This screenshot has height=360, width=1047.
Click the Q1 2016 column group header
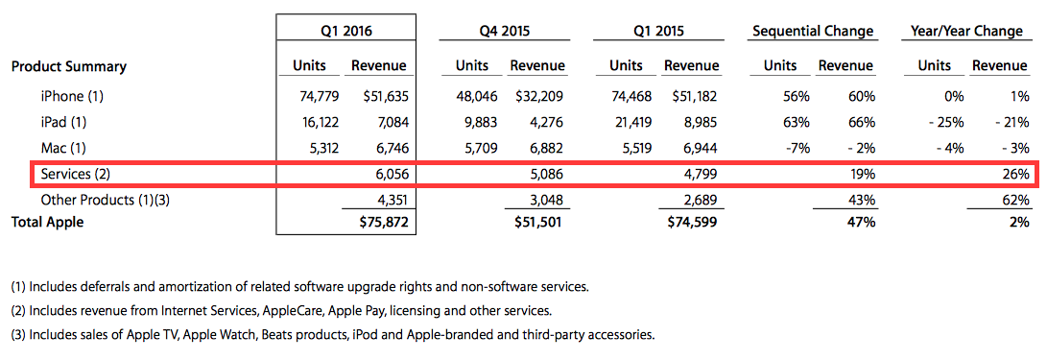click(x=345, y=31)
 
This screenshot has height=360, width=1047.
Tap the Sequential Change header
click(x=813, y=32)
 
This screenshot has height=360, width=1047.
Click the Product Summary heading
click(x=69, y=67)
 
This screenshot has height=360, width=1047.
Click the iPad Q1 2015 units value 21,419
click(x=629, y=123)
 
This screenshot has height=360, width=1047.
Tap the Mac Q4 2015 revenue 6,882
click(x=541, y=149)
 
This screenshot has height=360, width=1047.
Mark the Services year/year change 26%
click(x=1015, y=175)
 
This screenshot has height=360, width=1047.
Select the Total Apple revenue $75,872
click(x=383, y=223)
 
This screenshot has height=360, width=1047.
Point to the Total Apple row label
click(x=47, y=223)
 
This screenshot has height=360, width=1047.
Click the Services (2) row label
click(x=75, y=175)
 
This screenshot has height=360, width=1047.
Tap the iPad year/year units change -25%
click(x=948, y=123)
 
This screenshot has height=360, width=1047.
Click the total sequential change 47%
click(x=861, y=223)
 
